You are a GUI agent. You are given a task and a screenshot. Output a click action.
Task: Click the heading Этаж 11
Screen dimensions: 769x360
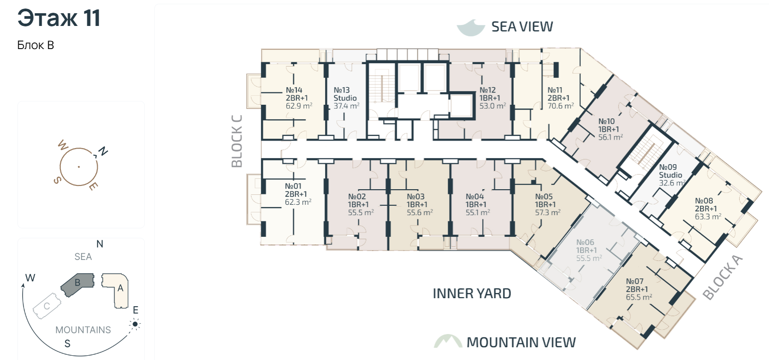pos(59,18)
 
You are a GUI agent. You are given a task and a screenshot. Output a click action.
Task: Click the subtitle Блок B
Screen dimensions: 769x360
pos(36,45)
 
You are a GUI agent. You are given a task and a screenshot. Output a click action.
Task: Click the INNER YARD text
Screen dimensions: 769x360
pos(472,293)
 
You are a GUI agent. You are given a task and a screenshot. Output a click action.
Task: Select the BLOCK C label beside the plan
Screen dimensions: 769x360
pos(237,141)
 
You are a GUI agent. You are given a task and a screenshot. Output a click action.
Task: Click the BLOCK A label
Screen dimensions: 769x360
pos(723,277)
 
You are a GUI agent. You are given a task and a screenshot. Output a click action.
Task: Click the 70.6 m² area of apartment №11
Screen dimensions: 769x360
pos(560,106)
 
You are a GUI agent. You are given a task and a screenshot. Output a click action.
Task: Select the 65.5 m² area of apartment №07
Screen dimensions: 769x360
pos(638,297)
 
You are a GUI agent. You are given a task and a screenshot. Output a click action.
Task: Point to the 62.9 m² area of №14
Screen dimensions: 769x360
pos(299,106)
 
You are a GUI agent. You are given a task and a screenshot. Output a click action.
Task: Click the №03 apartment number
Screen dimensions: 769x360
pos(416,197)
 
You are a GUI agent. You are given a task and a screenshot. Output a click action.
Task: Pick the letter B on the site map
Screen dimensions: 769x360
pos(77,283)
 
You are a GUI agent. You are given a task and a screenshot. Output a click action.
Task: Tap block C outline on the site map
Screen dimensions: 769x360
pos(47,306)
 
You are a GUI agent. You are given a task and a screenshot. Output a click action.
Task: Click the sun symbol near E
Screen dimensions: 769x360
pos(135,324)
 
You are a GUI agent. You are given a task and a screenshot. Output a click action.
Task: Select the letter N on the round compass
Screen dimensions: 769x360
pos(103,151)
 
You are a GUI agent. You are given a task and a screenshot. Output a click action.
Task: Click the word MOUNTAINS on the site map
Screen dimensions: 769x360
pos(83,330)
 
